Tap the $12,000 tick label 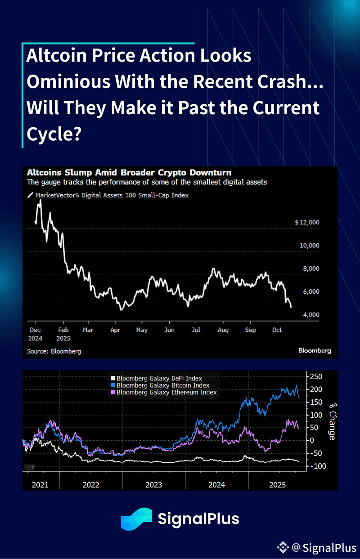307,223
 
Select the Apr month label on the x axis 115,330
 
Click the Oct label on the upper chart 277,330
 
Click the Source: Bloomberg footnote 54,351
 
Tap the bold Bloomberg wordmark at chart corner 315,351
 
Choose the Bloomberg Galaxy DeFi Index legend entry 159,379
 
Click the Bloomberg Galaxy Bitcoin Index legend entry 162,385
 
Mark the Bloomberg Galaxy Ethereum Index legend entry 166,392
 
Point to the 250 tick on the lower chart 316,376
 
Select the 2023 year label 154,485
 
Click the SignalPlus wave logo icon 136,519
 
